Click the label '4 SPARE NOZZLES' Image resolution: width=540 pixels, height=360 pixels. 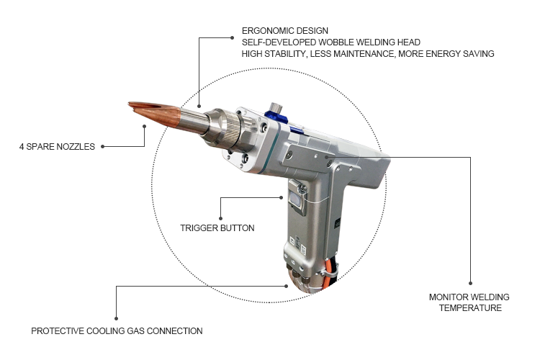[57, 147]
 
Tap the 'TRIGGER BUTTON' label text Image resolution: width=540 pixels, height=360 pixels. [217, 228]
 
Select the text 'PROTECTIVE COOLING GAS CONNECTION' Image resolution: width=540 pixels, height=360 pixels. [117, 331]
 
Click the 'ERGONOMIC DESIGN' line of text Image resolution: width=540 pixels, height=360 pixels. [285, 31]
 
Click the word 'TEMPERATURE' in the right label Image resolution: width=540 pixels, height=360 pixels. [470, 308]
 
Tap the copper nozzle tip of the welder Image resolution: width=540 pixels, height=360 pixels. [154, 113]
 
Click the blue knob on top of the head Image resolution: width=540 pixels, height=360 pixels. [276, 114]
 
